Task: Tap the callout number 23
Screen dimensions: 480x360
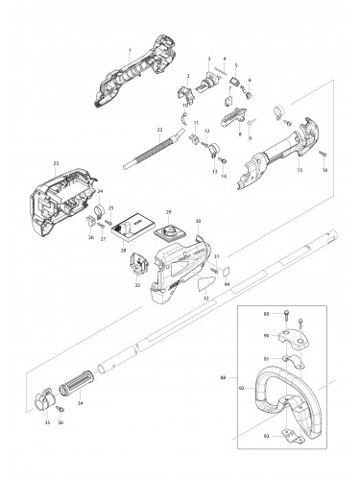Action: coord(57,163)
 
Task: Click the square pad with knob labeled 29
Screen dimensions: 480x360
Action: coord(172,231)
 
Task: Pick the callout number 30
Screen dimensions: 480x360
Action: coord(198,222)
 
